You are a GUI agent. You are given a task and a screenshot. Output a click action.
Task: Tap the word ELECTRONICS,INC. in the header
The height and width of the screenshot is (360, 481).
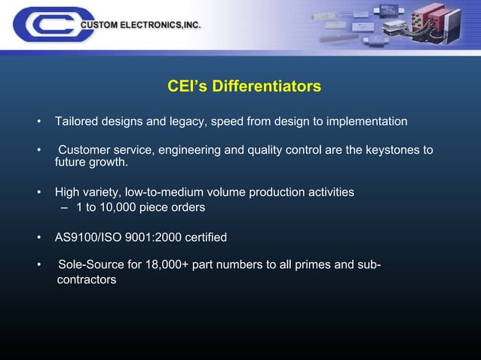pyautogui.click(x=162, y=26)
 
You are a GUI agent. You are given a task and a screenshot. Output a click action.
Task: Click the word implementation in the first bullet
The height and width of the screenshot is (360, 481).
pyautogui.click(x=371, y=121)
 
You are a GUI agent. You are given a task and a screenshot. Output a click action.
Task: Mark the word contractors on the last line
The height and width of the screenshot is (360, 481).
pyautogui.click(x=87, y=280)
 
